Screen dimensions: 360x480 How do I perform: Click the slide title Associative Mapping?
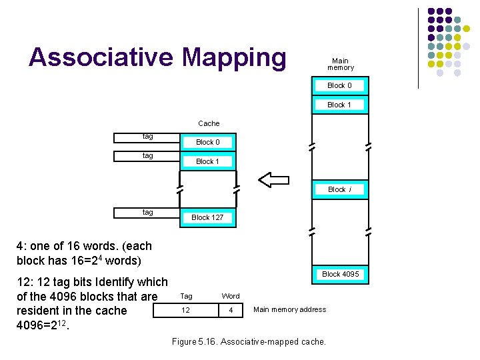tap(157, 57)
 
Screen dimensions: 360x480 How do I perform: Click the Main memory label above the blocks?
tap(340, 64)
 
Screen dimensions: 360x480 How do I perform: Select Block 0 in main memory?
tap(339, 85)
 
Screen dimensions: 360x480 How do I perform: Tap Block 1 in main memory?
tap(339, 105)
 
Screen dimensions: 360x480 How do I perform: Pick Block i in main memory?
tap(339, 189)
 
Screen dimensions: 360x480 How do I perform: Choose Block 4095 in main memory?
tap(340, 274)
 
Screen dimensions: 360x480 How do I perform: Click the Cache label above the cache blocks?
tap(209, 123)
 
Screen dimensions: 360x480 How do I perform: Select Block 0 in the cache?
tap(207, 142)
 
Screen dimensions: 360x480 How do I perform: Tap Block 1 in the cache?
tap(207, 161)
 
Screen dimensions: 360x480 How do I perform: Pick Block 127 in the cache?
tap(207, 217)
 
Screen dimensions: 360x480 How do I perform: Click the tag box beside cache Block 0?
tap(147, 137)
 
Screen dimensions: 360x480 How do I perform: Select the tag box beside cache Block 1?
tap(147, 157)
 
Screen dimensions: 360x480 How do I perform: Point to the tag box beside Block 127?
tap(147, 213)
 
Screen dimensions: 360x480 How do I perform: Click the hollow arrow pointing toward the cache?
tap(273, 179)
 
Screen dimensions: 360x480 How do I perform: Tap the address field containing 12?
tap(186, 311)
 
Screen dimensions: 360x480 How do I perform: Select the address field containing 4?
tap(231, 311)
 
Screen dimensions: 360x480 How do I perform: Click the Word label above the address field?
tap(231, 296)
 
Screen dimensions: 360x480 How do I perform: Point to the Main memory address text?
tap(290, 309)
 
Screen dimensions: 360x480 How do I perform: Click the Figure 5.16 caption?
tap(249, 342)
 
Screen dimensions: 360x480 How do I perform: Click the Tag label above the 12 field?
tap(187, 296)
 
